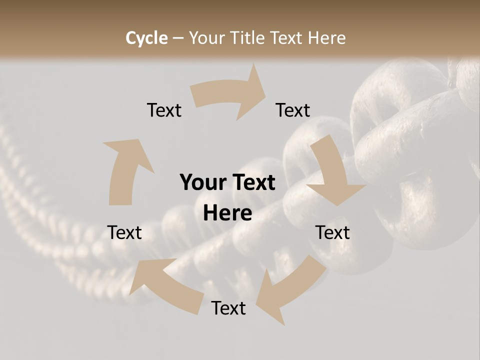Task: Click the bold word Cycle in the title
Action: point(146,38)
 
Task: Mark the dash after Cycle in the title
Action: point(178,38)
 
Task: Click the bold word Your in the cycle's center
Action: point(202,182)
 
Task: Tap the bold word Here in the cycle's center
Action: point(227,213)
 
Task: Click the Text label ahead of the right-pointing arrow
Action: point(293,110)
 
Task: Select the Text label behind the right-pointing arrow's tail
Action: point(164,110)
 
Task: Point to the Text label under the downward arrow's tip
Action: point(332,232)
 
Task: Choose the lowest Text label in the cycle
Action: point(228,308)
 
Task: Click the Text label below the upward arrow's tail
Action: point(124,232)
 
